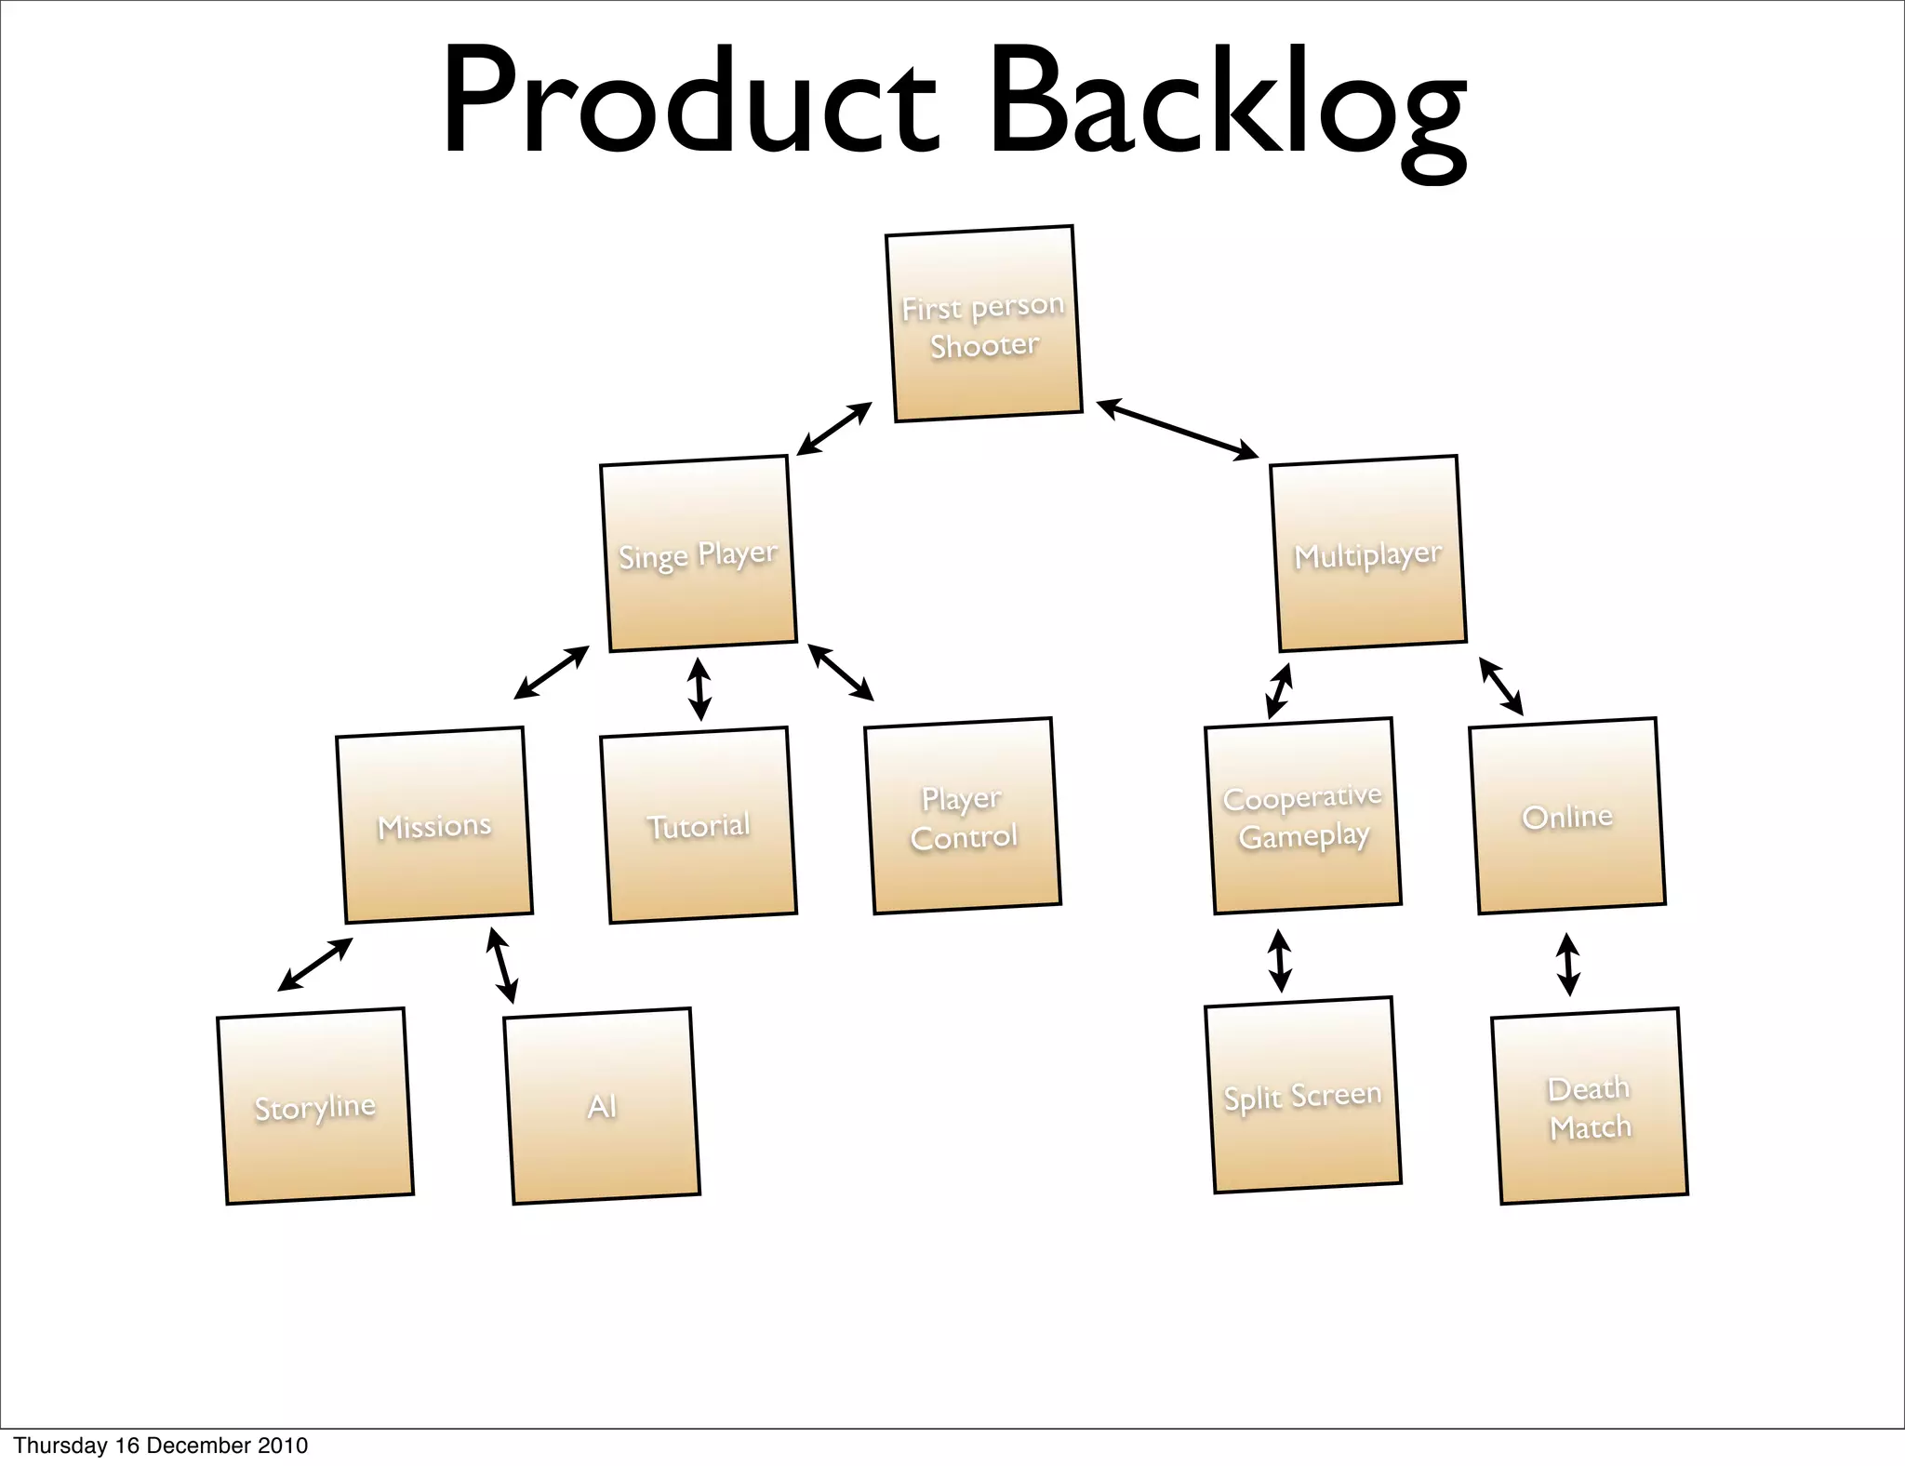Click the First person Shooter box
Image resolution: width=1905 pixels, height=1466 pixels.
pyautogui.click(x=983, y=324)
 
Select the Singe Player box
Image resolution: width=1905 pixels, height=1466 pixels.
pyautogui.click(x=698, y=553)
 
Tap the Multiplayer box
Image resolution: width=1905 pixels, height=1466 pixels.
pyautogui.click(x=1367, y=553)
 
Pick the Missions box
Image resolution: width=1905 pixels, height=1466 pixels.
pyautogui.click(x=433, y=825)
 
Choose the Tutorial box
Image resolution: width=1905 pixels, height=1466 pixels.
pyautogui.click(x=698, y=825)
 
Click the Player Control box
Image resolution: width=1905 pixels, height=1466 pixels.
pyautogui.click(x=963, y=816)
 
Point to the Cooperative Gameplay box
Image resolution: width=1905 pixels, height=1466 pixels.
pyautogui.click(x=1302, y=816)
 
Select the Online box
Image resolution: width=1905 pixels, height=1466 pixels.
pyautogui.click(x=1567, y=816)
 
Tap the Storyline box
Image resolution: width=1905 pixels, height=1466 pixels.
pyautogui.click(x=315, y=1106)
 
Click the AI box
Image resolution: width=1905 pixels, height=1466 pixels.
pyautogui.click(x=602, y=1106)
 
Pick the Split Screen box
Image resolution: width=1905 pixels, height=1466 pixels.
pyautogui.click(x=1302, y=1095)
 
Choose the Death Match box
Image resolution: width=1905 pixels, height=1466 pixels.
pyautogui.click(x=1590, y=1106)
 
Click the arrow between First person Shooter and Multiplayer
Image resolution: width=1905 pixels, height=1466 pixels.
pyautogui.click(x=1178, y=429)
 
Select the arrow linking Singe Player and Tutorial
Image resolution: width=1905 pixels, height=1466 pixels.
pyautogui.click(x=699, y=689)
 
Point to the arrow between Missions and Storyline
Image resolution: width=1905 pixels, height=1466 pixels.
pyautogui.click(x=315, y=965)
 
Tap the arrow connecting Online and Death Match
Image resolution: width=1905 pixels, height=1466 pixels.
pyautogui.click(x=1568, y=965)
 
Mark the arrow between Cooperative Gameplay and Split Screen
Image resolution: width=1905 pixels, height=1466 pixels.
pyautogui.click(x=1280, y=961)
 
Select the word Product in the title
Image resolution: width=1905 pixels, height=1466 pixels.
pyautogui.click(x=689, y=102)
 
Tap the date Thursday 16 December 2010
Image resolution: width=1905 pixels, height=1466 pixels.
pyautogui.click(x=160, y=1446)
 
